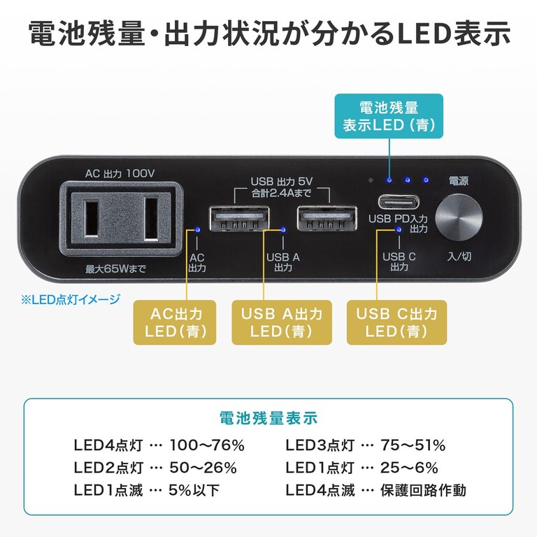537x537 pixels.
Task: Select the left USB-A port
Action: pos(238,220)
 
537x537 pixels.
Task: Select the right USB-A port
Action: pos(326,220)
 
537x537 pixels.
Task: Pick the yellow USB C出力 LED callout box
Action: pos(396,322)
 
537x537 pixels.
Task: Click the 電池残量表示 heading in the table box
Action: pos(268,418)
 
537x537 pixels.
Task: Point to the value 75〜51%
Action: pos(413,445)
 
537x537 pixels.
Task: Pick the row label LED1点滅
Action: pos(108,490)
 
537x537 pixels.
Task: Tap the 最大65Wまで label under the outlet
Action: pos(120,268)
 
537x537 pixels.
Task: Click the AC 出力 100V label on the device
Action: pos(120,172)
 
